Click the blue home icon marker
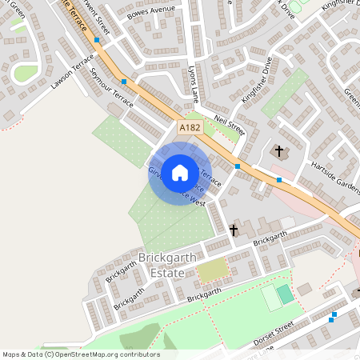click(x=180, y=172)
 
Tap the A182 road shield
click(x=190, y=127)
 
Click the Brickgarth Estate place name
click(x=162, y=266)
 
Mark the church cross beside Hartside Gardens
click(x=280, y=150)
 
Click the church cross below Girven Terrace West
click(x=234, y=230)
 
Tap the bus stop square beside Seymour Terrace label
click(x=124, y=82)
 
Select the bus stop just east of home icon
click(x=238, y=166)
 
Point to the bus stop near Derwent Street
click(x=97, y=39)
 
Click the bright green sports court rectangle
click(x=286, y=294)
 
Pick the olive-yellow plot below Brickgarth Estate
click(x=212, y=270)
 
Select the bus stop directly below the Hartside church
click(x=278, y=180)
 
